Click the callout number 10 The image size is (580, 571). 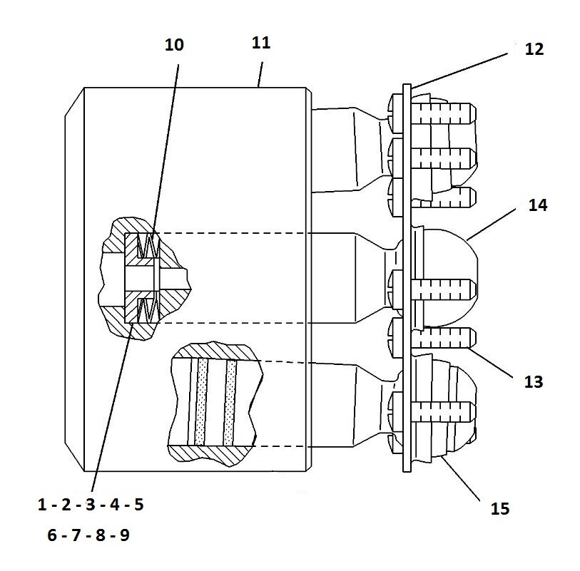tap(174, 45)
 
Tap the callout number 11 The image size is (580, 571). tap(261, 42)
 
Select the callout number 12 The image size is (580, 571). tap(534, 49)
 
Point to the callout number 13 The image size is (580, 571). tap(533, 382)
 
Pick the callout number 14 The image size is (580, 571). tap(538, 205)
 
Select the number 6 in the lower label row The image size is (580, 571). tap(52, 535)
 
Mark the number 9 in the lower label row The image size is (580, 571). tap(124, 535)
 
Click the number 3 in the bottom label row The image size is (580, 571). tap(91, 505)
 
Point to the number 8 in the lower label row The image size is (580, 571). tap(101, 535)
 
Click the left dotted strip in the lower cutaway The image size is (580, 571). tap(200, 402)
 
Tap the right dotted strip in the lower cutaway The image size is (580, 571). tap(230, 402)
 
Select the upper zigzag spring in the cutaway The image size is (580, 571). tap(146, 247)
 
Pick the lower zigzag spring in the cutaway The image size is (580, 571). tap(146, 309)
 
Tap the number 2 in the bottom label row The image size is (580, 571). tap(66, 505)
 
